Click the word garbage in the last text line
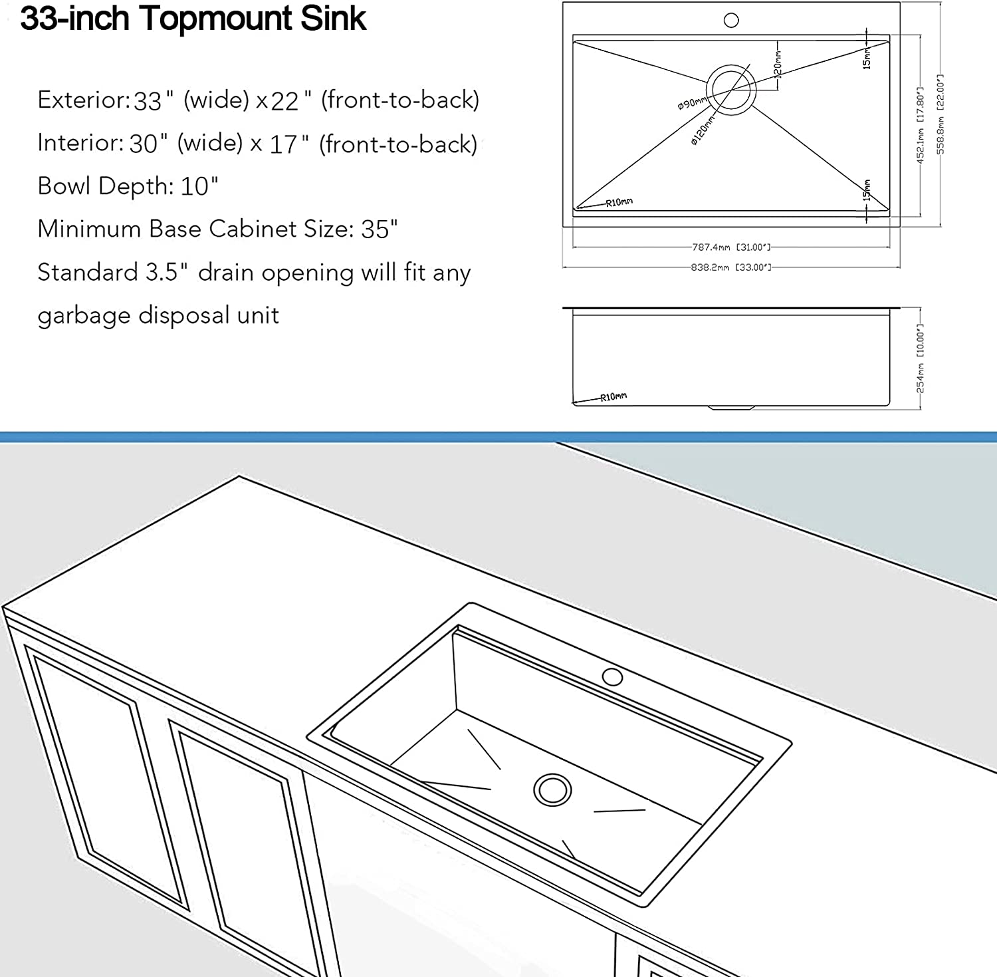(84, 316)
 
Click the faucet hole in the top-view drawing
(731, 20)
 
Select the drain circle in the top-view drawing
(731, 89)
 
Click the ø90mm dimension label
(691, 103)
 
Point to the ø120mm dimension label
(703, 130)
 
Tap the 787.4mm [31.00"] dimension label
(731, 247)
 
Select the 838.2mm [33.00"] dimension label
(730, 267)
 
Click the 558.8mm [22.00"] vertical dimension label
(941, 114)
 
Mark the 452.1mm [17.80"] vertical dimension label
(921, 124)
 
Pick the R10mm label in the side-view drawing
(613, 397)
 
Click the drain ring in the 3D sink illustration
(552, 790)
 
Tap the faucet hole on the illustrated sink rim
(612, 677)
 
